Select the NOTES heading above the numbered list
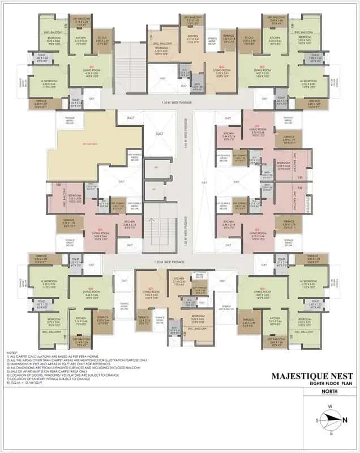coord(12,352)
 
